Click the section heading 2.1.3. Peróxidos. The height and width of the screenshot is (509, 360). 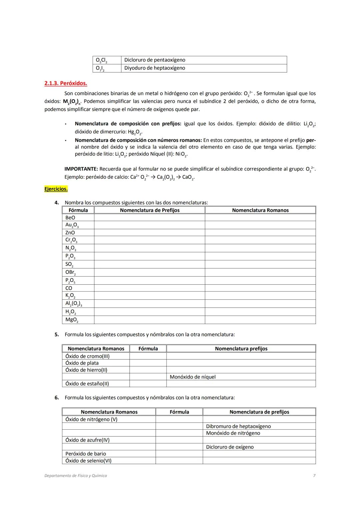66,83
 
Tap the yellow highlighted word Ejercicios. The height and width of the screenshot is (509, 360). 56,189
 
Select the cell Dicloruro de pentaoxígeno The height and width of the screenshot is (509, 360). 155,60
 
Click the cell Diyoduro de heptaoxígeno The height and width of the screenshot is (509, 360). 155,68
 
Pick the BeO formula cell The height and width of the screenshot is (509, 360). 70,218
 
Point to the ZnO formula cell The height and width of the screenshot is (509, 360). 70,233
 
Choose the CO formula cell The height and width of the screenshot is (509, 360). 69,288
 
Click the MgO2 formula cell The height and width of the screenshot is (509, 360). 72,320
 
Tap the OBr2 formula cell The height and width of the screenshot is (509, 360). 70,272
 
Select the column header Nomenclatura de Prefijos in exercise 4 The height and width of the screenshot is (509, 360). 150,210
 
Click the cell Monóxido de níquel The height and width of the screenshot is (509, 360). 193,377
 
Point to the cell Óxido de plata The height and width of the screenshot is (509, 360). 82,363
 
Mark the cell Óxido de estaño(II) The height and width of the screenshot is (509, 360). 87,384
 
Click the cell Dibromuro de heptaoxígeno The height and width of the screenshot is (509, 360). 238,426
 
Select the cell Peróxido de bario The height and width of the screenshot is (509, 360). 86,454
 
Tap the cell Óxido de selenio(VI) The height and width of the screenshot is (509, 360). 88,461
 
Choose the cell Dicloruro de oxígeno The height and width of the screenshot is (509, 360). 230,447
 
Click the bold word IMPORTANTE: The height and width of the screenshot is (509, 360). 81,169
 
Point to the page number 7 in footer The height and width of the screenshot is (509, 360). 314,476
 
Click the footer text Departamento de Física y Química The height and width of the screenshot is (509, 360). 76,476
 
